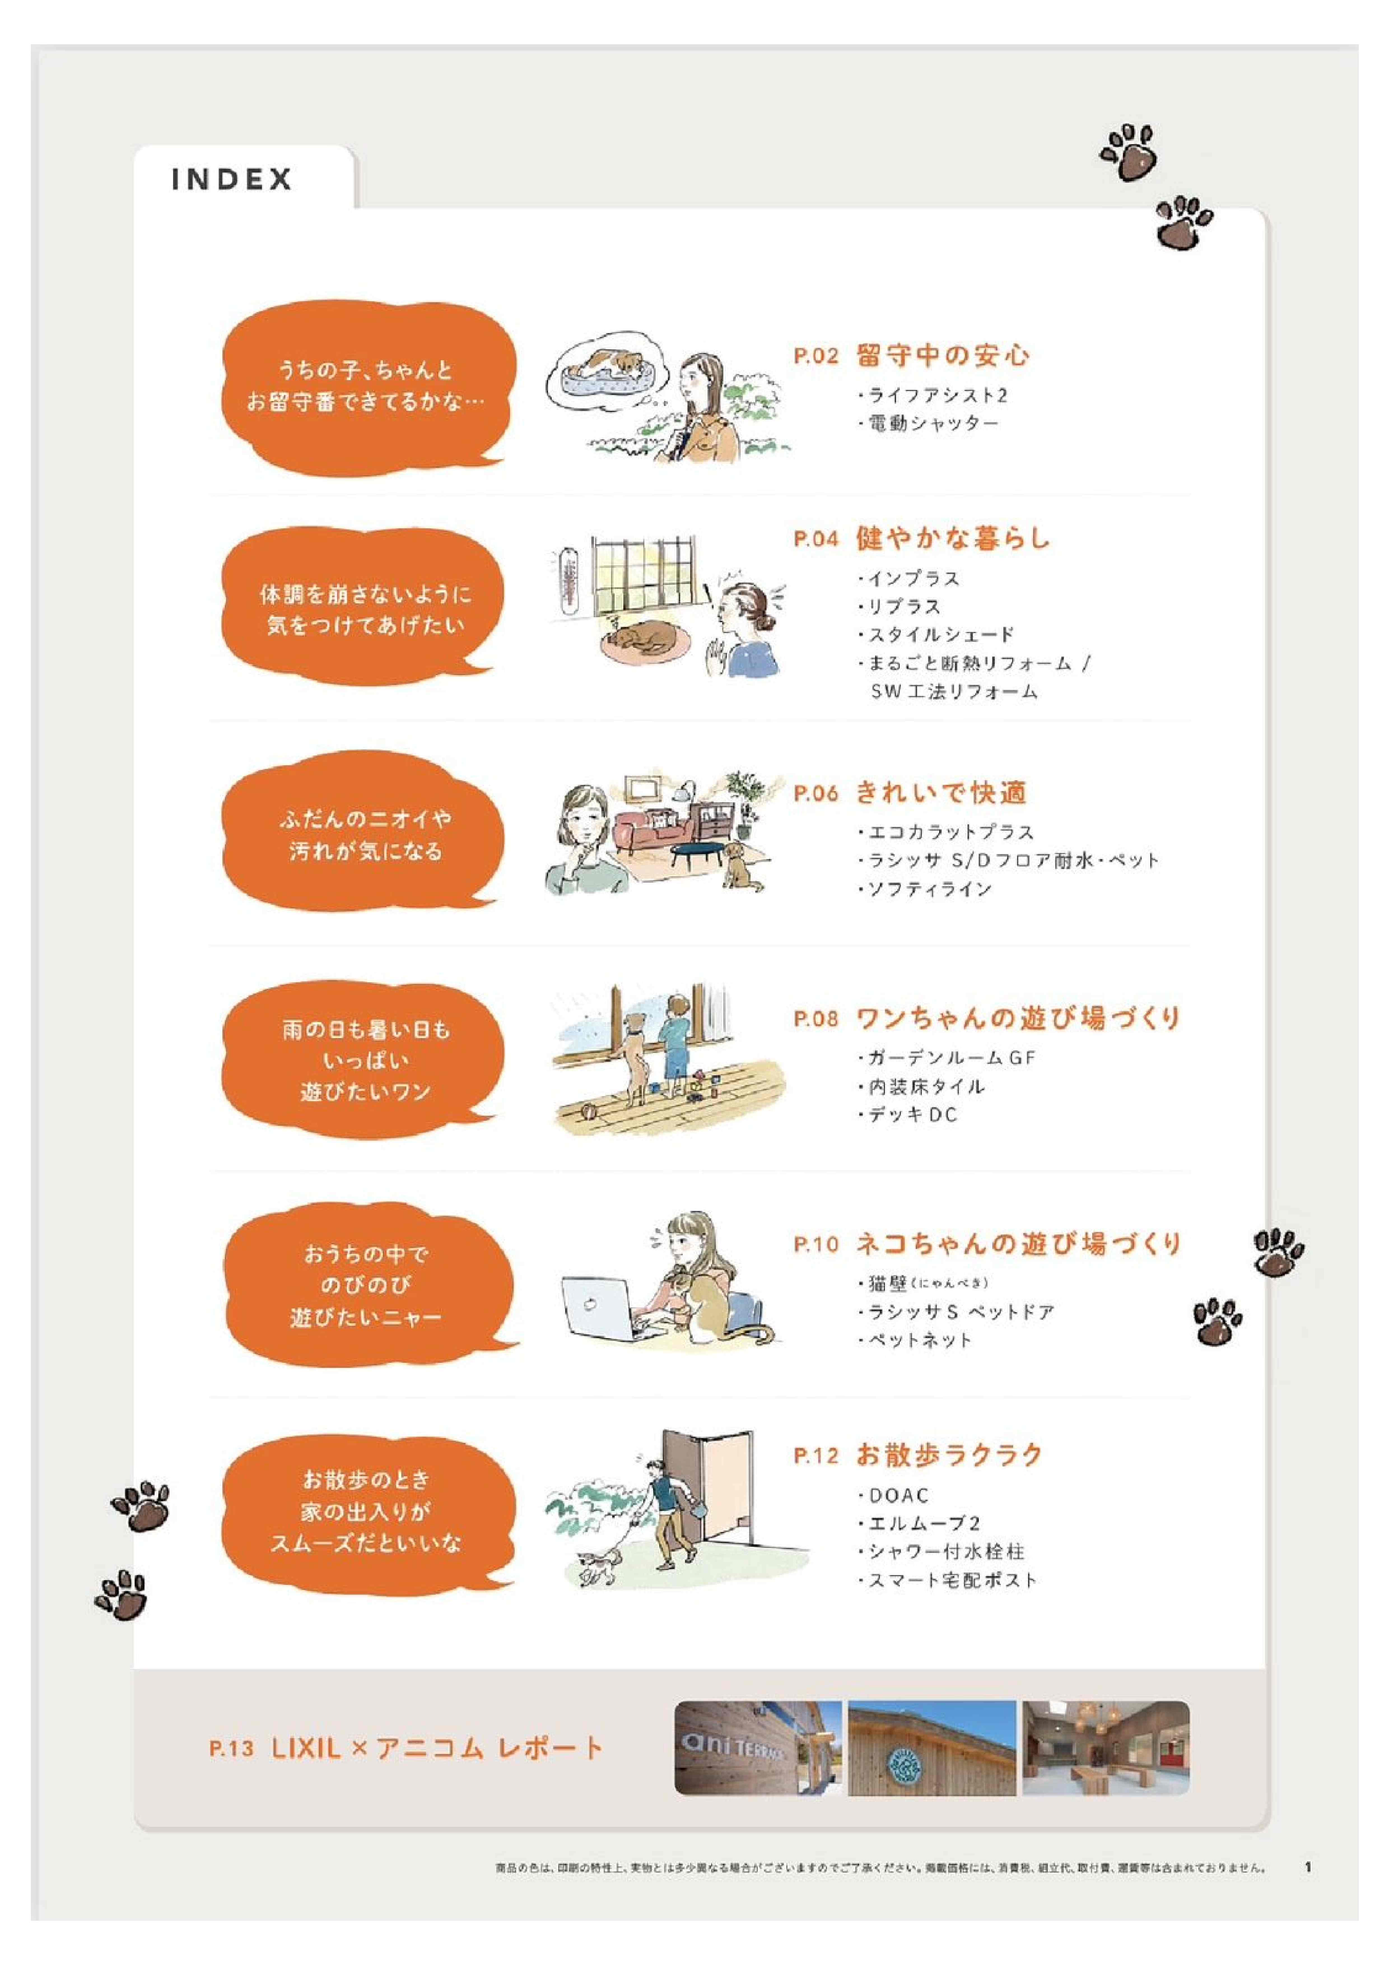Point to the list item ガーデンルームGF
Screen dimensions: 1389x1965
pyautogui.click(x=947, y=1058)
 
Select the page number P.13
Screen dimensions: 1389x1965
pyautogui.click(x=231, y=1748)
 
